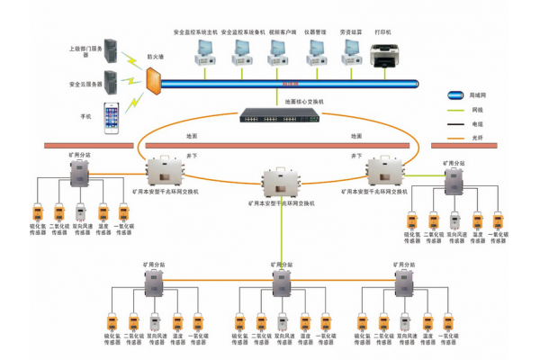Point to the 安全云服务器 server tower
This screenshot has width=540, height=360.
[x=112, y=83]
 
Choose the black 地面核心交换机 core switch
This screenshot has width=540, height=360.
[x=270, y=115]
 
